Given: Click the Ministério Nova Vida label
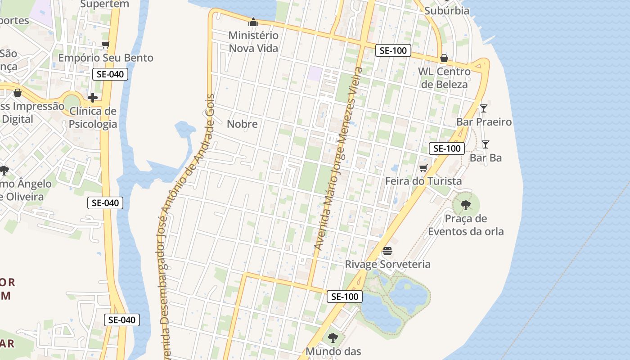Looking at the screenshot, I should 253,41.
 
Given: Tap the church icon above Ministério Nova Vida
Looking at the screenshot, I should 253,22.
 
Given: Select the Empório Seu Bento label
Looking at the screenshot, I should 106,58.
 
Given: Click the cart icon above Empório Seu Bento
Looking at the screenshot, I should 106,45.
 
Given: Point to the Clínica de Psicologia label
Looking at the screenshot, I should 93,117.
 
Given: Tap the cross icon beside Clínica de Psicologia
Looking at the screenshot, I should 93,98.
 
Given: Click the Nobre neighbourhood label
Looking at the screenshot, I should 242,124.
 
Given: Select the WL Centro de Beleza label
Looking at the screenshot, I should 444,78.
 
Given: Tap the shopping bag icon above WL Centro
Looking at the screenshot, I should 444,58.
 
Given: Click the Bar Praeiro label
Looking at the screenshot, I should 484,121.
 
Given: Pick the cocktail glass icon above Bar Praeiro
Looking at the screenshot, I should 484,108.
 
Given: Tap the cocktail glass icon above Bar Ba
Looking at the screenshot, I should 486,144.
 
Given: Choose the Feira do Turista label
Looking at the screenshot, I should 423,181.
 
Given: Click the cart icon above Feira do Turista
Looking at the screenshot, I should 423,168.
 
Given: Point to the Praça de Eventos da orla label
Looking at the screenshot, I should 466,225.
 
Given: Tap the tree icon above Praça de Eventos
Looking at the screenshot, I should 466,205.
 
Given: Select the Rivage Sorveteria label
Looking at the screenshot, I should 387,264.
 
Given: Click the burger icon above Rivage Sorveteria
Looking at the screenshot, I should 387,251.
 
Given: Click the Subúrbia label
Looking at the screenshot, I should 446,10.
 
